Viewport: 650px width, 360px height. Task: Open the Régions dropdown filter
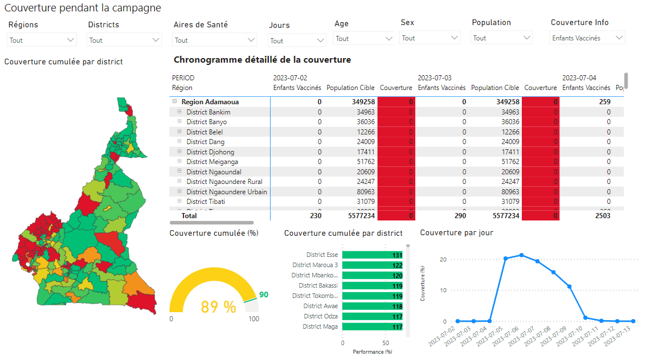tap(42, 40)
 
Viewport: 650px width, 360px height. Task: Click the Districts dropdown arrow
tap(156, 40)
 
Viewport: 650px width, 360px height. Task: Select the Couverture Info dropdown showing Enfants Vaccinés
tap(587, 38)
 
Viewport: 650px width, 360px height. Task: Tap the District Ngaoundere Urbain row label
tap(226, 191)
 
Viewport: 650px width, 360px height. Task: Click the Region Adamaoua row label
tap(210, 102)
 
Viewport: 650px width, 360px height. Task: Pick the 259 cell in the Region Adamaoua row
tap(604, 102)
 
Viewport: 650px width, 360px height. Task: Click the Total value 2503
tap(602, 216)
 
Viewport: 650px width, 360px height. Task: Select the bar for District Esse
tap(373, 255)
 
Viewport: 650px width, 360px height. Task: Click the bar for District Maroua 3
tap(373, 265)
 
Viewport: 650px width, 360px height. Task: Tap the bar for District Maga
tap(373, 326)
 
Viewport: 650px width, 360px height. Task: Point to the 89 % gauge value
tap(218, 308)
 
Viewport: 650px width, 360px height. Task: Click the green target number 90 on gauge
tap(264, 294)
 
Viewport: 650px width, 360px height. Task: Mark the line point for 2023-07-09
tap(569, 287)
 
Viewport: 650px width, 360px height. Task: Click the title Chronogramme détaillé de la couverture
tap(262, 60)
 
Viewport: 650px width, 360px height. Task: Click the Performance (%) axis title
tap(372, 352)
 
